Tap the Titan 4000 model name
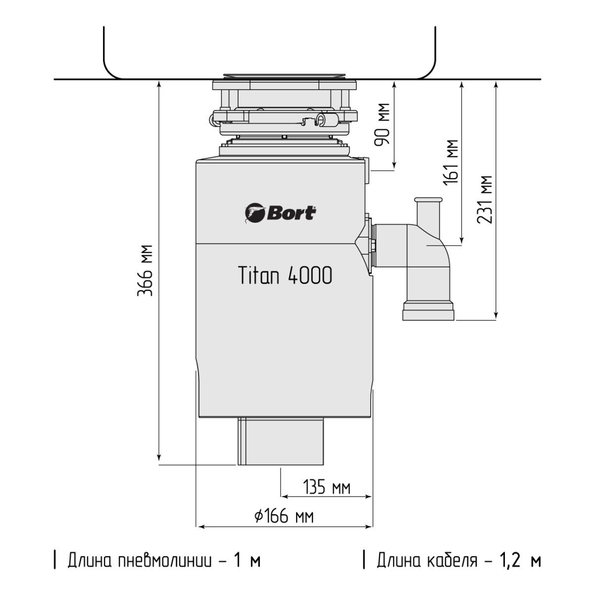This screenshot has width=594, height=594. pyautogui.click(x=285, y=276)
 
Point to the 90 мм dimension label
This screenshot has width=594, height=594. pyautogui.click(x=382, y=124)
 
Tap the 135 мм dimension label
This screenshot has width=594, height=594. pyautogui.click(x=326, y=488)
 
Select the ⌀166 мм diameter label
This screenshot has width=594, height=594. pyautogui.click(x=284, y=517)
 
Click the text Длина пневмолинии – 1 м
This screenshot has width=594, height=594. pyautogui.click(x=163, y=561)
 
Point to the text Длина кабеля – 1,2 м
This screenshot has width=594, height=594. pyautogui.click(x=458, y=561)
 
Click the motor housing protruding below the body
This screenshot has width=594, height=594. pyautogui.click(x=281, y=441)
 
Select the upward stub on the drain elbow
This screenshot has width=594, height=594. pyautogui.click(x=428, y=210)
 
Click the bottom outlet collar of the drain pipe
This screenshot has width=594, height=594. pyautogui.click(x=429, y=312)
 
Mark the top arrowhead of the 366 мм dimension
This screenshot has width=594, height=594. pyautogui.click(x=158, y=84)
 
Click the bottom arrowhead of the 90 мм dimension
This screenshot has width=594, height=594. pyautogui.click(x=394, y=166)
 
